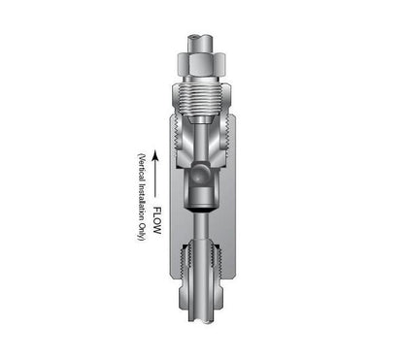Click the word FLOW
pyautogui.click(x=157, y=220)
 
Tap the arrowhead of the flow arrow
pyautogui.click(x=156, y=155)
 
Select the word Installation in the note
pyautogui.click(x=142, y=202)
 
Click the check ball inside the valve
pyautogui.click(x=199, y=174)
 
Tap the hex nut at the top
pyautogui.click(x=202, y=64)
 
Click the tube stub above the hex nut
pyautogui.click(x=201, y=44)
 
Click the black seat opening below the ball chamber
pyautogui.click(x=201, y=211)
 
